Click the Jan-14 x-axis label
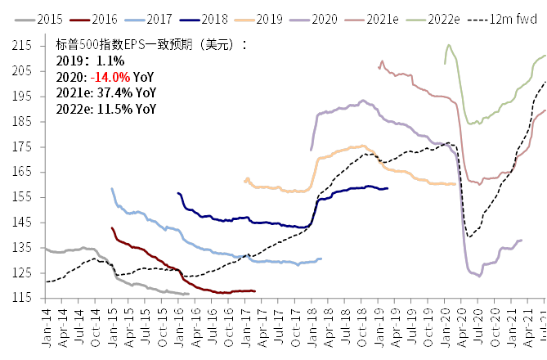coord(44,327)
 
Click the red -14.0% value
coord(110,76)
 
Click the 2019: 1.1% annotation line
coord(90,61)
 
